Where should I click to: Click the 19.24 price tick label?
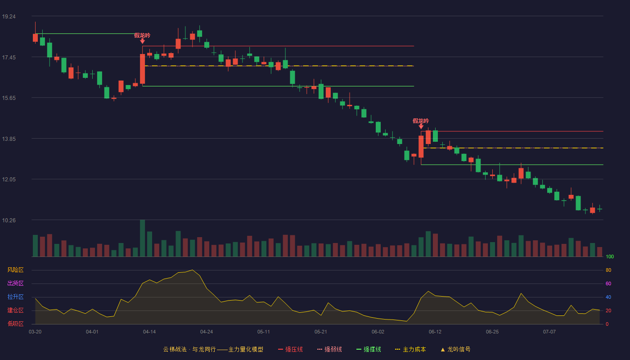9,17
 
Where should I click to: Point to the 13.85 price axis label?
9,139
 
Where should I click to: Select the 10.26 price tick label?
9,220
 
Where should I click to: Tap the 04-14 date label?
149,332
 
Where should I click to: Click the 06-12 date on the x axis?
435,332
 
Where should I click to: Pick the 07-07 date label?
549,332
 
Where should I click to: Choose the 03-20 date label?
35,332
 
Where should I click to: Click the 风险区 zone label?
15,270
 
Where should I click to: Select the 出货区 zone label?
15,283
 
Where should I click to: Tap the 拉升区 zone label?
15,297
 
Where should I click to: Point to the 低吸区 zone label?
15,324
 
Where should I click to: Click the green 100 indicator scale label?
610,256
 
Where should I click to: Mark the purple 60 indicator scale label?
608,283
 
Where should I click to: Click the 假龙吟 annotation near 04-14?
142,36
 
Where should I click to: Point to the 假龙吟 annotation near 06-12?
421,121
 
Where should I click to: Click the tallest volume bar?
143,238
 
